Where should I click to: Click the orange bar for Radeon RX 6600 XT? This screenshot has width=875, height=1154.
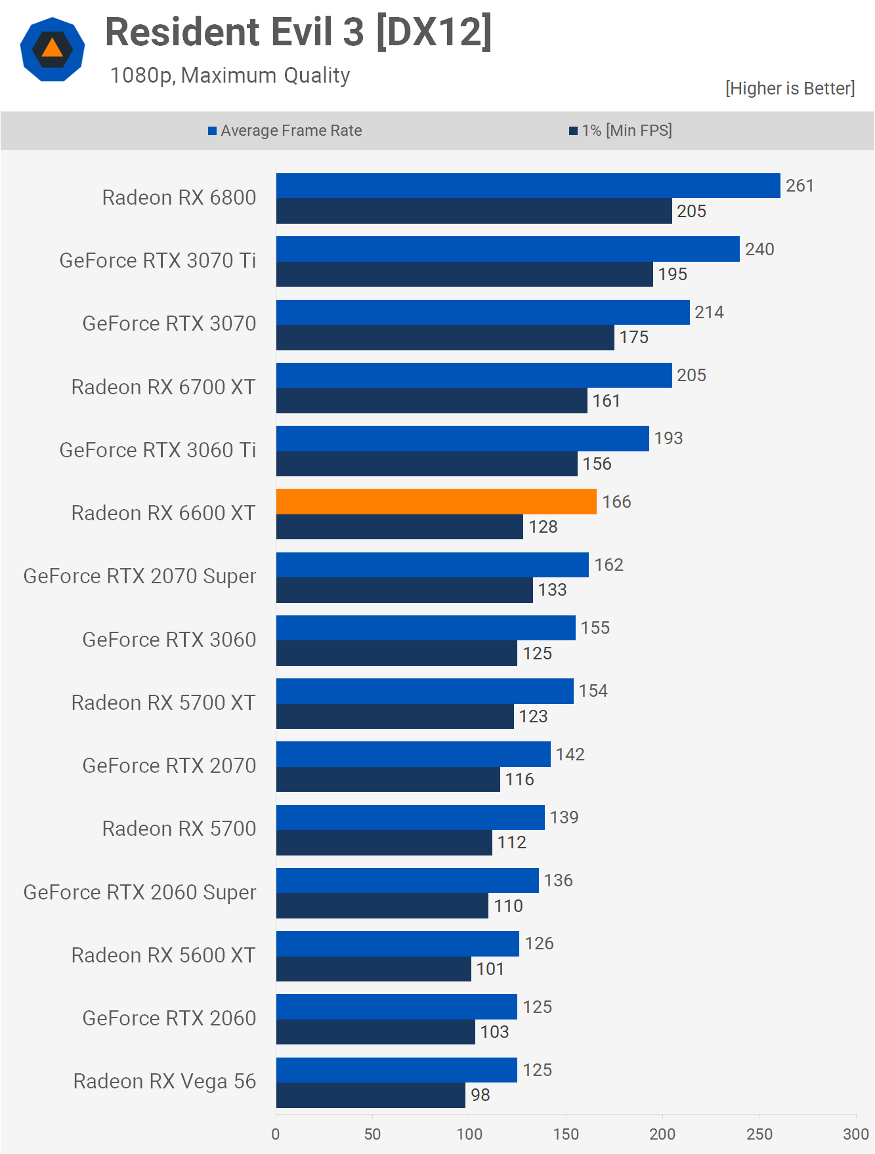pyautogui.click(x=436, y=502)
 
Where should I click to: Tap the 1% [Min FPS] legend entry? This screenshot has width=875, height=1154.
pyautogui.click(x=620, y=131)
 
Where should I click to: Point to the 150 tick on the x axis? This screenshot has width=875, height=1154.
pyautogui.click(x=566, y=1134)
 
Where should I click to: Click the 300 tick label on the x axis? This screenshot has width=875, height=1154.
pyautogui.click(x=856, y=1134)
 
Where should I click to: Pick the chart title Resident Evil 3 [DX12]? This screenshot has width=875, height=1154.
pyautogui.click(x=299, y=32)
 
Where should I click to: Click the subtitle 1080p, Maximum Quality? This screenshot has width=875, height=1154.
pyautogui.click(x=230, y=75)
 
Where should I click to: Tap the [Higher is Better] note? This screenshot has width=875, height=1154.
pyautogui.click(x=790, y=89)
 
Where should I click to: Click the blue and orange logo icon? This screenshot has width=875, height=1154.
pyautogui.click(x=53, y=49)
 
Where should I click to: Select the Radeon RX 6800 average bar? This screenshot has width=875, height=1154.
pyautogui.click(x=528, y=186)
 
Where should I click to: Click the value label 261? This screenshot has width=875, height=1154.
pyautogui.click(x=800, y=186)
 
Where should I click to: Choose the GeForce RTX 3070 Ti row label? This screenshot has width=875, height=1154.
pyautogui.click(x=158, y=260)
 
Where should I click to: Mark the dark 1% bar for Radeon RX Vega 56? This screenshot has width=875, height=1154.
pyautogui.click(x=370, y=1095)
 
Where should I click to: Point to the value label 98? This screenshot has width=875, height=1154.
pyautogui.click(x=480, y=1095)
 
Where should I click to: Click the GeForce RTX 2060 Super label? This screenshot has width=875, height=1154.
pyautogui.click(x=140, y=892)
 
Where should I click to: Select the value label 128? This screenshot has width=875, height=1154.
pyautogui.click(x=543, y=527)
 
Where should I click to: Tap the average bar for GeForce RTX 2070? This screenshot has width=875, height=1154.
pyautogui.click(x=413, y=754)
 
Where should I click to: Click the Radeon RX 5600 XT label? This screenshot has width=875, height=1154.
pyautogui.click(x=163, y=955)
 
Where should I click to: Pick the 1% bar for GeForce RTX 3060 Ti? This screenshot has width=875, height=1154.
pyautogui.click(x=427, y=464)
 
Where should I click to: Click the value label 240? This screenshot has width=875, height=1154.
pyautogui.click(x=759, y=249)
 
